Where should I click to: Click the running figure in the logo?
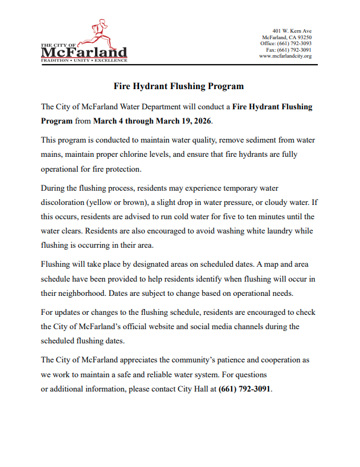tap(97, 33)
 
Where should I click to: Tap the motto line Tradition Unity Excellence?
tap(83, 61)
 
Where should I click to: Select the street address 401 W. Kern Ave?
tap(292, 31)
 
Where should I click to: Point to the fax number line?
tap(289, 50)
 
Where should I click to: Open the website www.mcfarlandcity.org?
tap(285, 56)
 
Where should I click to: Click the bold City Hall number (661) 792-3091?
tap(245, 389)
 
